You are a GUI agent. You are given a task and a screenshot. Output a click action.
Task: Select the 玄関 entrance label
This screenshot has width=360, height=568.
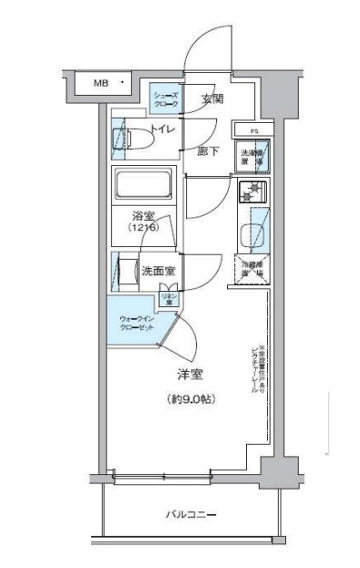[212, 98]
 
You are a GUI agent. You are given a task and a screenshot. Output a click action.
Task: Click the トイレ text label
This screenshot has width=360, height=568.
[163, 129]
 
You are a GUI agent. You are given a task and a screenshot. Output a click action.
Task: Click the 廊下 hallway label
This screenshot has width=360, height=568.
[208, 151]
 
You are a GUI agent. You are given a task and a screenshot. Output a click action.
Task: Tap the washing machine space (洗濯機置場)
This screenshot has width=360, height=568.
[252, 156]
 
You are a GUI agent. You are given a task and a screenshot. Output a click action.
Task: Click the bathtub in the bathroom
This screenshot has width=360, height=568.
[144, 186]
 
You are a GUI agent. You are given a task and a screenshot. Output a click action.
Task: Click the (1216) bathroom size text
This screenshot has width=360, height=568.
[143, 229]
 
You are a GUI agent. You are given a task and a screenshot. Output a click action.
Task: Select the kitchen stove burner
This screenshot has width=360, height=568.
[252, 192]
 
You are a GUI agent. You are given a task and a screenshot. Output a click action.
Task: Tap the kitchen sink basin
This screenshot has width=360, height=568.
[253, 232]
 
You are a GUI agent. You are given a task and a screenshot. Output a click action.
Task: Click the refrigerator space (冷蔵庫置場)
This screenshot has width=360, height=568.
[252, 269]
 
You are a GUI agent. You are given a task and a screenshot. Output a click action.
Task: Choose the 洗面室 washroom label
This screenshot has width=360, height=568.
[159, 271]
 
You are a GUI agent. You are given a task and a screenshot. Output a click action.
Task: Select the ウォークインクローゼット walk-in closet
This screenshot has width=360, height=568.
[137, 324]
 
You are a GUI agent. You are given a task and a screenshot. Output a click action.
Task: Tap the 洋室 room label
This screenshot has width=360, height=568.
[190, 374]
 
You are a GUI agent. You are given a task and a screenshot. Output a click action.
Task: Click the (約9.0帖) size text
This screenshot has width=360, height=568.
[190, 399]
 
